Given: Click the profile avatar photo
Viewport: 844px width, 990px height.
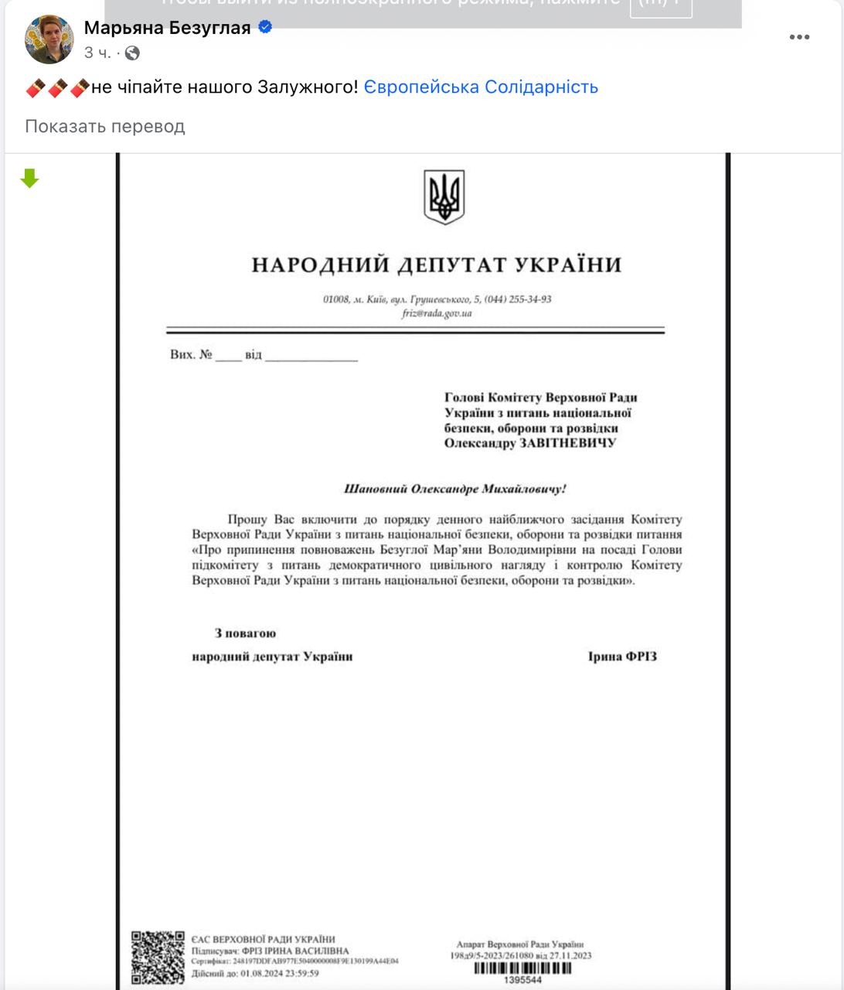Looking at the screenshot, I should pyautogui.click(x=49, y=39).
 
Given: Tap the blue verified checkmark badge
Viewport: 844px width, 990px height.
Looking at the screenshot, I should pyautogui.click(x=265, y=28).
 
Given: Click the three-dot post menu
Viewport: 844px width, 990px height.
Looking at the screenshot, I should pyautogui.click(x=799, y=37).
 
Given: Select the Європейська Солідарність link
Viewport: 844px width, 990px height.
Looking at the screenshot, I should pyautogui.click(x=481, y=87).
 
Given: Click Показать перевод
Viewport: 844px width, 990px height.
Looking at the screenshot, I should pyautogui.click(x=105, y=126).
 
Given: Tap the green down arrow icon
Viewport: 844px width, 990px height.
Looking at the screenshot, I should pyautogui.click(x=29, y=179).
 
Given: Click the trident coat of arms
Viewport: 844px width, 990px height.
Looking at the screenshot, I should pyautogui.click(x=444, y=197).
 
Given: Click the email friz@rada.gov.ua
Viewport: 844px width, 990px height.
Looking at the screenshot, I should pyautogui.click(x=437, y=313).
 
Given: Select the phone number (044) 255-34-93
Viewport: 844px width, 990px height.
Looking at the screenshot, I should pyautogui.click(x=518, y=299).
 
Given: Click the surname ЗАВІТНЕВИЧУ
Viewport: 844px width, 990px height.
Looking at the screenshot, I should pyautogui.click(x=567, y=443).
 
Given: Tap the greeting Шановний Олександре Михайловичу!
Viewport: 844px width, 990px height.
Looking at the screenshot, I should pyautogui.click(x=454, y=489).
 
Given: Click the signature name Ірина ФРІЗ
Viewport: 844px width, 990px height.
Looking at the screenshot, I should pyautogui.click(x=622, y=657).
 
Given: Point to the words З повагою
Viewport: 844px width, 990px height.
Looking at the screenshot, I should pyautogui.click(x=245, y=633).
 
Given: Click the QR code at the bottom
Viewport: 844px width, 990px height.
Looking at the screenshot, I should pyautogui.click(x=158, y=958).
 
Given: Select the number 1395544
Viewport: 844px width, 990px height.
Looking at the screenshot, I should pyautogui.click(x=522, y=980).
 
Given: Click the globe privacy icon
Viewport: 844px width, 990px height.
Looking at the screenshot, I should pyautogui.click(x=132, y=53).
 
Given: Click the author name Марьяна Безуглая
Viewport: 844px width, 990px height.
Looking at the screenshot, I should pyautogui.click(x=167, y=28).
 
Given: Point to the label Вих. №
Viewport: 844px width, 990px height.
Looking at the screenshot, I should pyautogui.click(x=191, y=355).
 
